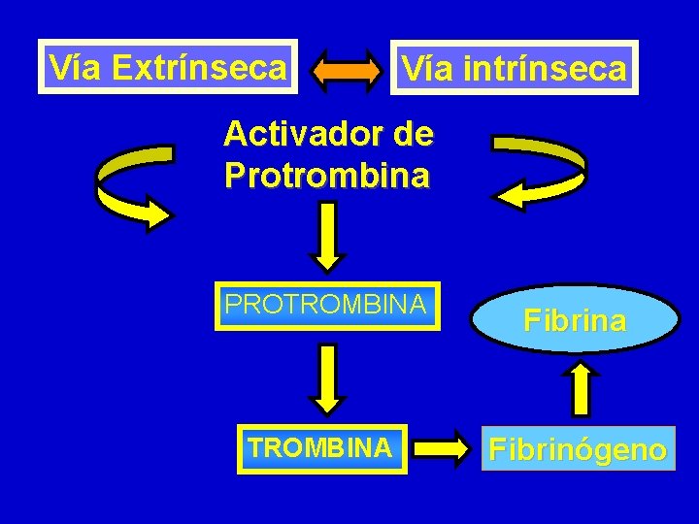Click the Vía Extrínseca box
168,67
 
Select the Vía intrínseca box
515,68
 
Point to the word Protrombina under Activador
326,175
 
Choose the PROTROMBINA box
326,307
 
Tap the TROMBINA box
320,448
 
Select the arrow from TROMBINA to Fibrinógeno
446,448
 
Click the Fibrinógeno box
578,449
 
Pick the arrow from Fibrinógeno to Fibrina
581,387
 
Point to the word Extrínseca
199,67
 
